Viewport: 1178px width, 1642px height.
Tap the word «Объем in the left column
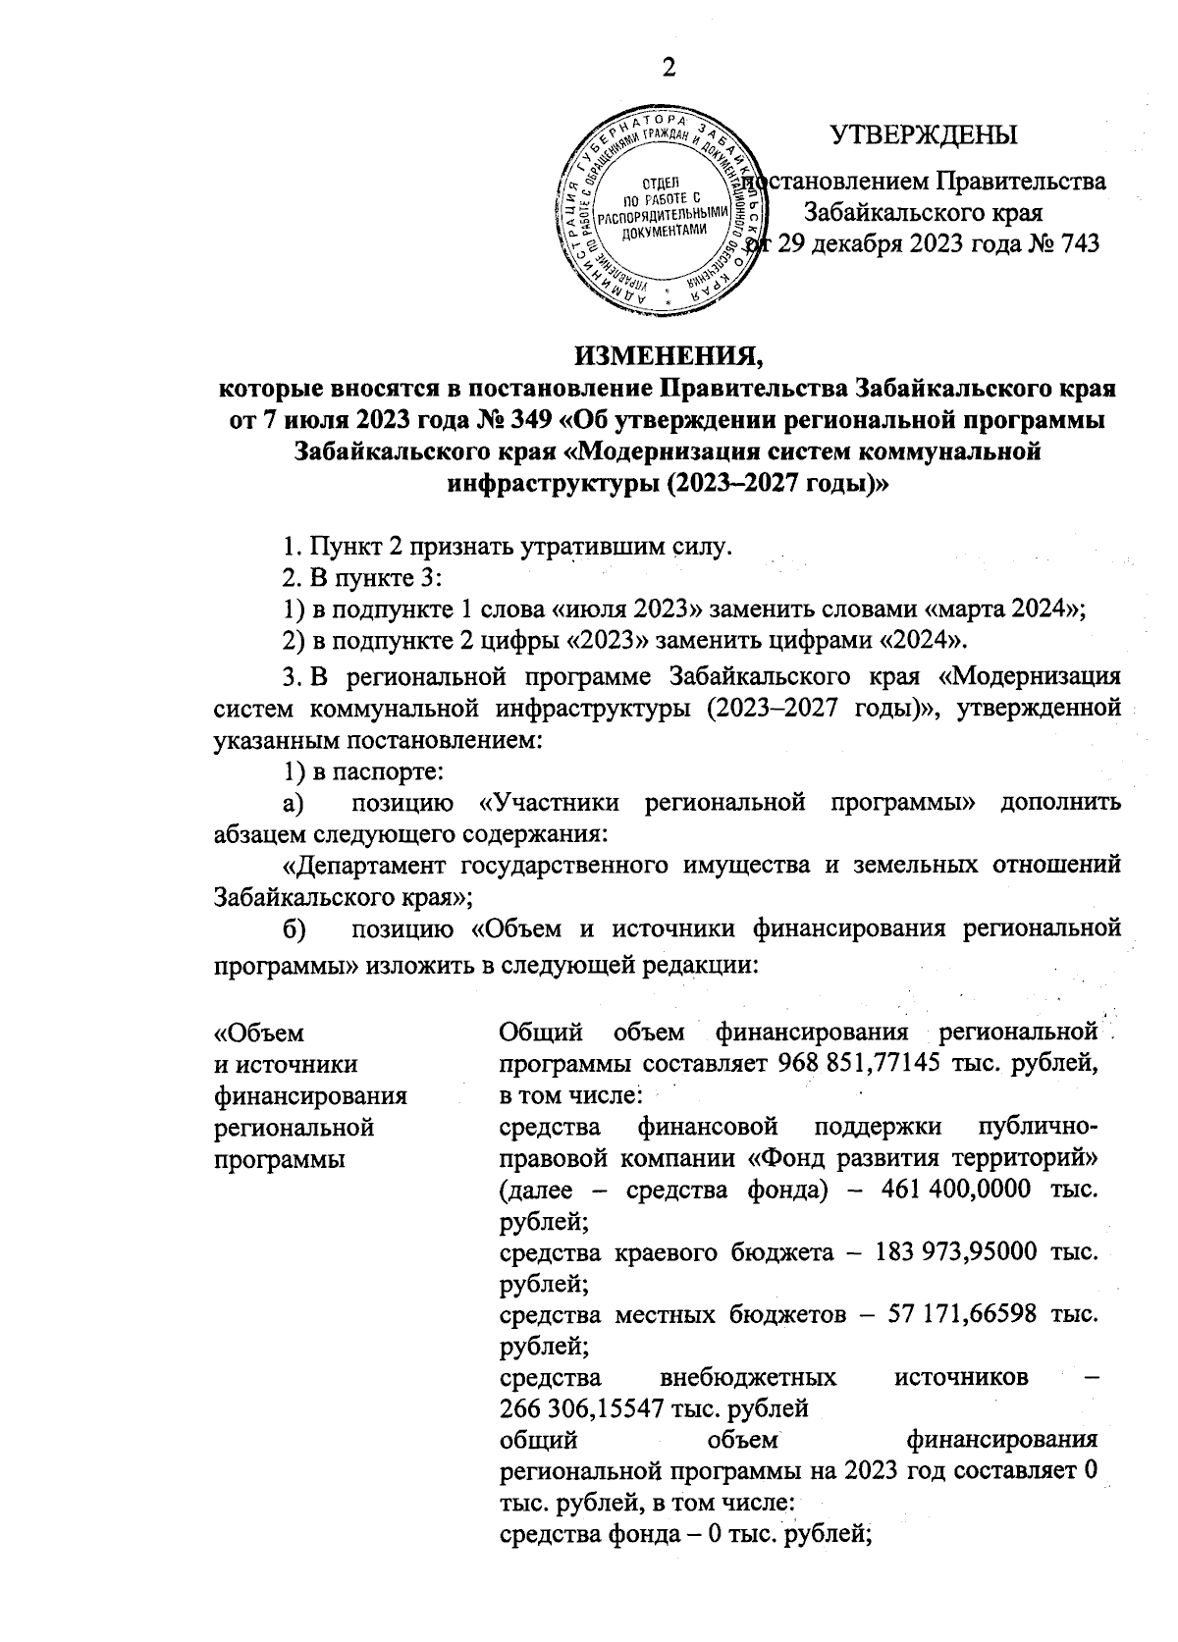(259, 1033)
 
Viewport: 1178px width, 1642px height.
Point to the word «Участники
(553, 803)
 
